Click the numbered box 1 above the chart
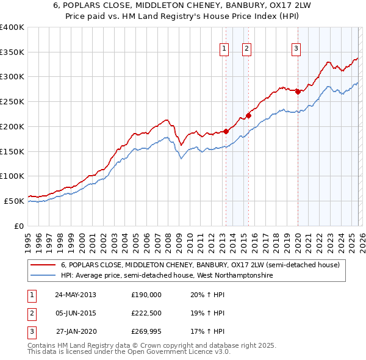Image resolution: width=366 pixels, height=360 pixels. pyautogui.click(x=224, y=49)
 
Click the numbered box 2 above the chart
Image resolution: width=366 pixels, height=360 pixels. pyautogui.click(x=246, y=49)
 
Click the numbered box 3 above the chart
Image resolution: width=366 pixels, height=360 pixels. pyautogui.click(x=296, y=49)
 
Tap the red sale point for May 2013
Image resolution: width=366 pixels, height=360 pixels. pyautogui.click(x=226, y=131)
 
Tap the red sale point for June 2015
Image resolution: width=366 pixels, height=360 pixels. pyautogui.click(x=248, y=115)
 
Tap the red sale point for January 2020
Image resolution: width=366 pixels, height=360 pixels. pyautogui.click(x=298, y=92)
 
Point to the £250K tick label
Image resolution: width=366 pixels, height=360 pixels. pyautogui.click(x=12, y=101)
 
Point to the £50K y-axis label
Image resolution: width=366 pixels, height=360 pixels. pyautogui.click(x=15, y=201)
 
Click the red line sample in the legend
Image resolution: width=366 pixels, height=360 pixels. pyautogui.click(x=43, y=265)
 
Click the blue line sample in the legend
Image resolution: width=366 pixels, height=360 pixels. pyautogui.click(x=43, y=275)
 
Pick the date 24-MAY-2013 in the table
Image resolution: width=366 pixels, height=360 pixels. pyautogui.click(x=76, y=295)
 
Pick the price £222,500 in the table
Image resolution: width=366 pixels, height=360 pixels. pyautogui.click(x=146, y=314)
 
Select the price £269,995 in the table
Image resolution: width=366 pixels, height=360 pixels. pyautogui.click(x=146, y=333)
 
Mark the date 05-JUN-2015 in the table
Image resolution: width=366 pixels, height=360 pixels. pyautogui.click(x=76, y=314)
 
